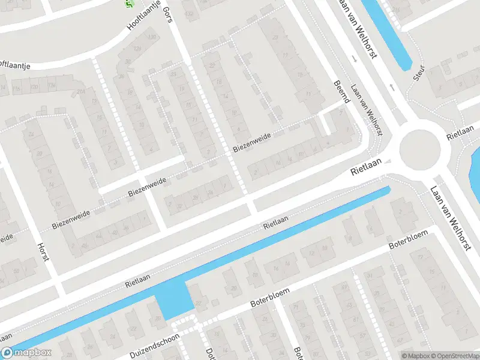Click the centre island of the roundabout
(x=421, y=149)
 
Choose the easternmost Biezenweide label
(x=252, y=140)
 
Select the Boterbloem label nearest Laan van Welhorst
(x=407, y=240)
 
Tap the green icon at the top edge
(x=128, y=4)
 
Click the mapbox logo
(x=26, y=353)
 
